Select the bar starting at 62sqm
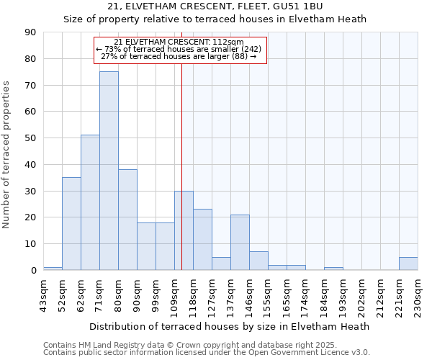coord(90,202)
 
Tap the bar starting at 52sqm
coord(71,223)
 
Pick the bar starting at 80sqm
coord(127,220)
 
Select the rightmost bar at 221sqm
coord(408,264)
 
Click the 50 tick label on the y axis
coord(31,138)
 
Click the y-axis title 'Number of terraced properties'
coord(7,155)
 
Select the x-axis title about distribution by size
coord(230,326)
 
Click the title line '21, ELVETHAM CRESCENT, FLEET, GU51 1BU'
coord(215,6)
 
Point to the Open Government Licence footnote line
coord(207,353)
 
